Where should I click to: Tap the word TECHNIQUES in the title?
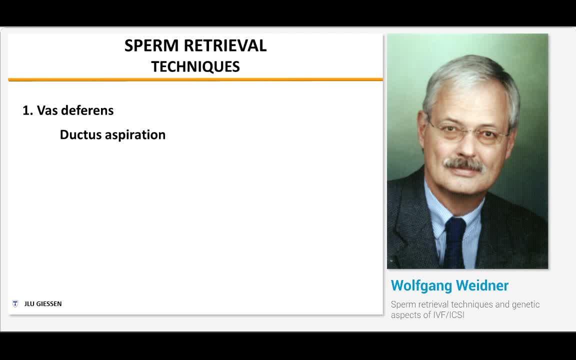click(195, 66)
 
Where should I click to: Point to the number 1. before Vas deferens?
click(27, 110)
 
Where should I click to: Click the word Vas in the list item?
click(47, 110)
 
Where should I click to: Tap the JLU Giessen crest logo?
click(15, 303)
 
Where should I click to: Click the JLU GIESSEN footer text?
click(43, 304)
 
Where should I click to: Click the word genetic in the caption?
click(525, 304)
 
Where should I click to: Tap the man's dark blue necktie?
click(454, 240)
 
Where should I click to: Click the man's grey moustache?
click(463, 163)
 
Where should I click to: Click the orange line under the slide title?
click(195, 79)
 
